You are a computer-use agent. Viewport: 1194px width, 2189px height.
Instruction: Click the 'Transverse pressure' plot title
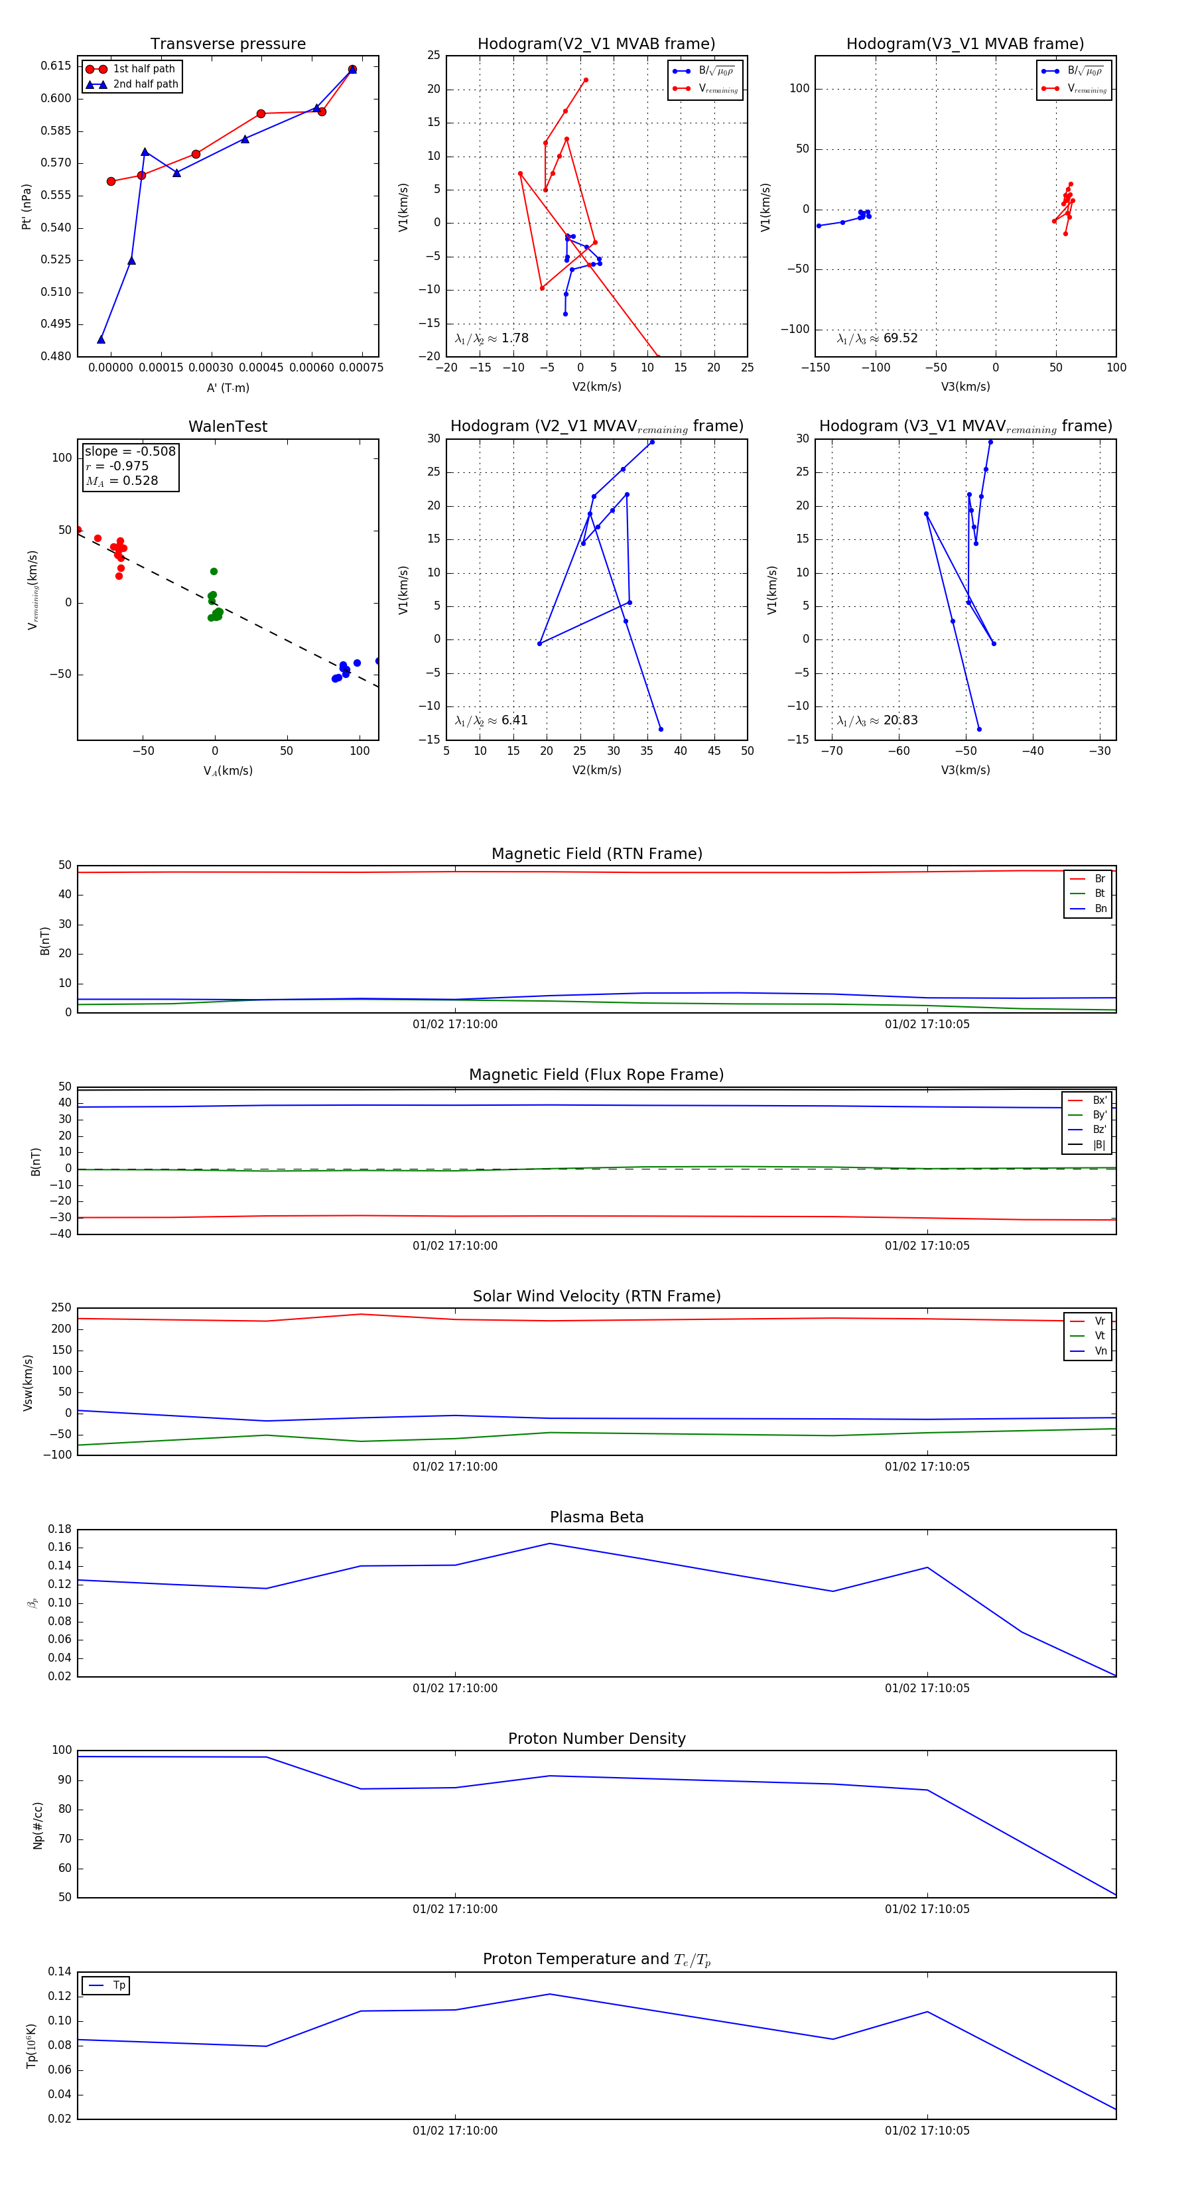(228, 44)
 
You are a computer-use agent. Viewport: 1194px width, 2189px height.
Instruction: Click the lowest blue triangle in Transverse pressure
(101, 340)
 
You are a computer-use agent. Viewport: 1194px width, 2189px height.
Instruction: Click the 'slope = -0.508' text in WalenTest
(130, 451)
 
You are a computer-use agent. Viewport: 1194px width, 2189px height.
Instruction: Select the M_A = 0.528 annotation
(121, 481)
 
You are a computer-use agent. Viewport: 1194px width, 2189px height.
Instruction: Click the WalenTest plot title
(228, 427)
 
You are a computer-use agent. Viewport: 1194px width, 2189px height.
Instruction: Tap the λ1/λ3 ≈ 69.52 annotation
(877, 338)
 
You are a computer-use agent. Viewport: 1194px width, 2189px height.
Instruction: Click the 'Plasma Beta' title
(596, 1517)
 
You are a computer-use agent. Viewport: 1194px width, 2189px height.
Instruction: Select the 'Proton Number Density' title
(596, 1739)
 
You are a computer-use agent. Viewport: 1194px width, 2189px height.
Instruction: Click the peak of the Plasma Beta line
(549, 1543)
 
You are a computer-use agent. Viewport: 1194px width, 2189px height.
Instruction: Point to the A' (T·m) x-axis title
(228, 387)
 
